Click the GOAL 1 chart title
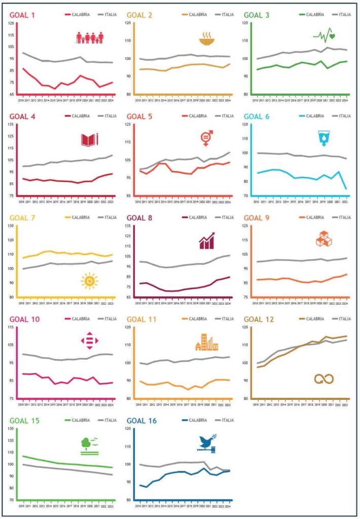(22, 15)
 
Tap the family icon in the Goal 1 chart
(90, 38)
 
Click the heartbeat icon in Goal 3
(325, 35)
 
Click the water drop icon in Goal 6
(323, 138)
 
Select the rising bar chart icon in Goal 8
(207, 241)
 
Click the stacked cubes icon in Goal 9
(324, 239)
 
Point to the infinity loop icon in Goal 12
(324, 379)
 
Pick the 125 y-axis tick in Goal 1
(11, 23)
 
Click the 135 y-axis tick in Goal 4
(11, 125)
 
